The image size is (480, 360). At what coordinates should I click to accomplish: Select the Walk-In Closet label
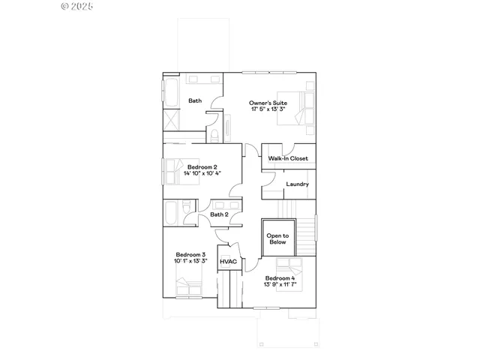click(288, 158)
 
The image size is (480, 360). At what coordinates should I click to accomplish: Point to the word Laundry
click(298, 184)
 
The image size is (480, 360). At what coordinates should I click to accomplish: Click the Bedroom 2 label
click(202, 166)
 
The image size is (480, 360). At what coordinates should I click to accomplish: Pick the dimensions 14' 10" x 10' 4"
click(202, 174)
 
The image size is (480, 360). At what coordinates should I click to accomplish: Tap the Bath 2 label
click(219, 215)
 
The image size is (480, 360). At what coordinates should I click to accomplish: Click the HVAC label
click(228, 262)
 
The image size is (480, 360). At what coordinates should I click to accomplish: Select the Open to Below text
click(277, 238)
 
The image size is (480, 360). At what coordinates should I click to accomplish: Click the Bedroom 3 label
click(190, 254)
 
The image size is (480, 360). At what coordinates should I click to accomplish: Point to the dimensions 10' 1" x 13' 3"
click(190, 262)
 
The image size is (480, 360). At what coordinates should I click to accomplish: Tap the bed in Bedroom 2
click(175, 171)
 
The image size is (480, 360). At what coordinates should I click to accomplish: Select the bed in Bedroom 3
click(189, 288)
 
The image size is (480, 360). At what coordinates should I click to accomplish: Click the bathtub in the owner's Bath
click(170, 94)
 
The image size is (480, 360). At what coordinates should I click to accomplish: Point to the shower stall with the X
click(173, 120)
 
